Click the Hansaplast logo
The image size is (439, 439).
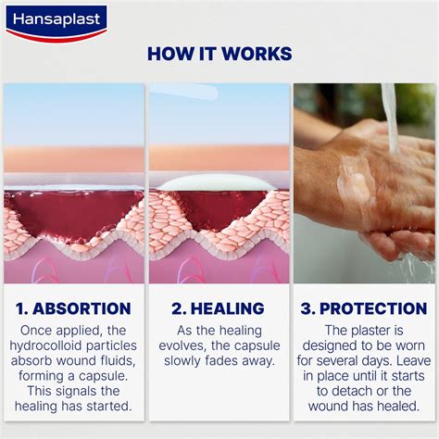click(x=55, y=21)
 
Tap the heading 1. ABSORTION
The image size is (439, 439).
click(x=73, y=308)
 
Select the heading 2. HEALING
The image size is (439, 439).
click(x=219, y=308)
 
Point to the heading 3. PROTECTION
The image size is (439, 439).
click(x=365, y=308)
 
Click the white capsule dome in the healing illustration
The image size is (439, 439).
click(x=218, y=182)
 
